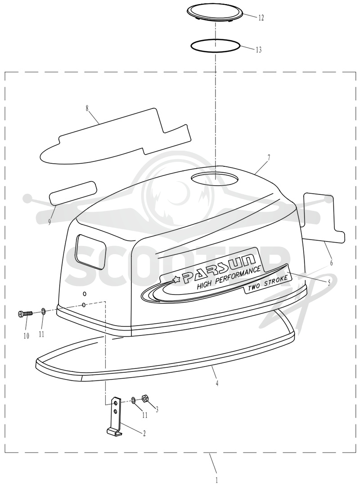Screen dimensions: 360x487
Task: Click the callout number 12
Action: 261,18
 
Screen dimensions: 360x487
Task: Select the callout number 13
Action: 259,49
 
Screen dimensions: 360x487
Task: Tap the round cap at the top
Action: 215,13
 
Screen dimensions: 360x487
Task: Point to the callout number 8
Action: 87,108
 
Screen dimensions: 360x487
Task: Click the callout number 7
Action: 269,157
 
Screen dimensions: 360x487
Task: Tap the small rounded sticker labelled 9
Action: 73,193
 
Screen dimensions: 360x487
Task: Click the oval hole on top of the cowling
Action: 215,178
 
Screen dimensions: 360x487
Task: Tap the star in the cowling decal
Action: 176,280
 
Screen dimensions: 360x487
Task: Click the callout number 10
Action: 26,336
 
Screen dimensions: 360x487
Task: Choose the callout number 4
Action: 217,384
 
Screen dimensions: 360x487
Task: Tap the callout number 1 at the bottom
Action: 217,480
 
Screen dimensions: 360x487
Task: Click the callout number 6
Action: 331,263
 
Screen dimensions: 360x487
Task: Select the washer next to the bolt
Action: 43,311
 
